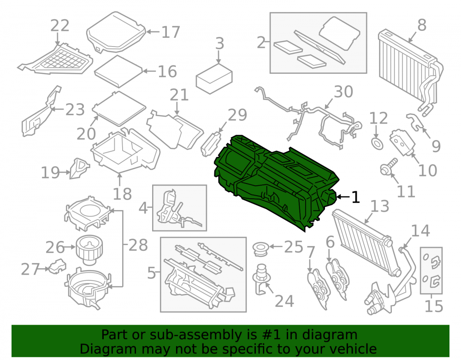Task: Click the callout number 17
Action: tap(171, 32)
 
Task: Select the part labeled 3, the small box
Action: tap(214, 79)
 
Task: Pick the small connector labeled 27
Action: tap(57, 266)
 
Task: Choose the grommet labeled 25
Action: tap(260, 249)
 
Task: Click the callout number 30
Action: tap(343, 92)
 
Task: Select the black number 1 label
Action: tap(356, 197)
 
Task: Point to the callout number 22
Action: tap(59, 25)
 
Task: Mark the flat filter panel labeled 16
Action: tap(118, 71)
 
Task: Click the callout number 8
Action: tap(422, 25)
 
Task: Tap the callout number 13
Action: tap(380, 206)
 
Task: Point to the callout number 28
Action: tap(138, 245)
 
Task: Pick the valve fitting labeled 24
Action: tap(261, 279)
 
